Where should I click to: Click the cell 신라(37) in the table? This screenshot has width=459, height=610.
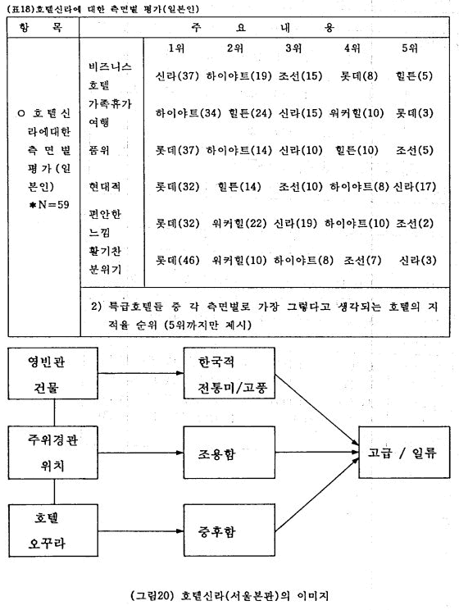[x=177, y=76]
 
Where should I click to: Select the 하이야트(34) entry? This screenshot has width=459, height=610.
[x=189, y=113]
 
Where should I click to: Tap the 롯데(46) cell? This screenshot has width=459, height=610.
[x=177, y=260]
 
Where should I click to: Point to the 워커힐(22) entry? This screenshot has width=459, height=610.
[x=239, y=223]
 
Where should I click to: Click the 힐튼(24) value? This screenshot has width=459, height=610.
[x=250, y=113]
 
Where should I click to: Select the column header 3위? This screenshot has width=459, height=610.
[x=293, y=48]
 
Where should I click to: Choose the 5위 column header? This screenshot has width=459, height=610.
[x=410, y=48]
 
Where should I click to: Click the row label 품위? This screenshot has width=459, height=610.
[x=99, y=150]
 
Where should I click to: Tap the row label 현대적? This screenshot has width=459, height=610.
[x=105, y=187]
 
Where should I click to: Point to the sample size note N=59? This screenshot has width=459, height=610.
[x=49, y=205]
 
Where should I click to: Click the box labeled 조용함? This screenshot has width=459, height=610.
[x=229, y=452]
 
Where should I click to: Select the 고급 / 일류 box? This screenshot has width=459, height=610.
[x=404, y=452]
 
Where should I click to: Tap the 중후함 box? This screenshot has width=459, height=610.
[x=229, y=530]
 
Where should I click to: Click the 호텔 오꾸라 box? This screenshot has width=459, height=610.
[x=53, y=530]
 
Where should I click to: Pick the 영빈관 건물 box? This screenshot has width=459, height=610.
[x=53, y=374]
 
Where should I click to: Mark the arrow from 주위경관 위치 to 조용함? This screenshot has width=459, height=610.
[x=141, y=453]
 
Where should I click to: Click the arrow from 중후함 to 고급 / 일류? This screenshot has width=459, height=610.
[x=316, y=495]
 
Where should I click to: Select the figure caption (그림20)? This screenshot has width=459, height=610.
[x=229, y=595]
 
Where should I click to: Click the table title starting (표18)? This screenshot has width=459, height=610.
[x=102, y=8]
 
